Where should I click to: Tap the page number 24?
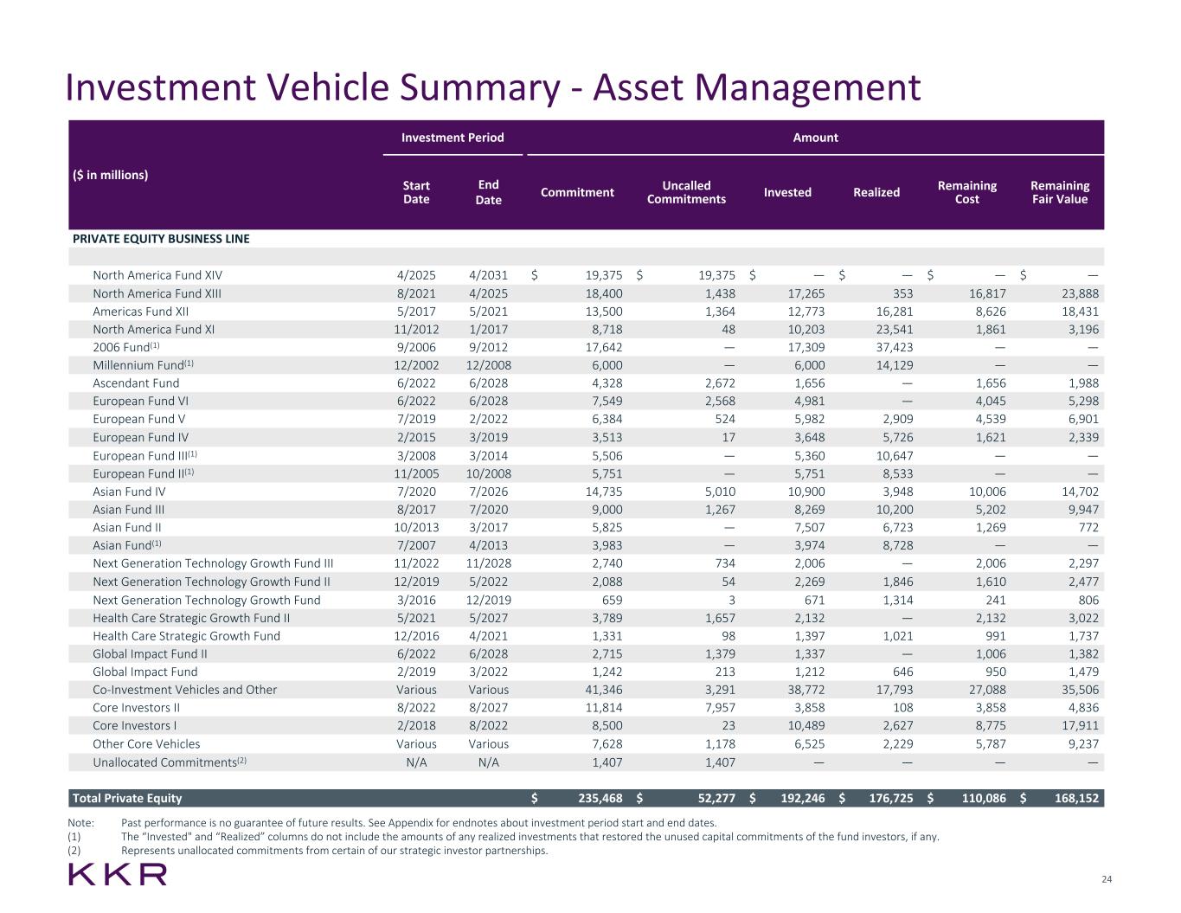point(1106,879)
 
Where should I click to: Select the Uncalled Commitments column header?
point(686,192)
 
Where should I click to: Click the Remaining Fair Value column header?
point(1060,192)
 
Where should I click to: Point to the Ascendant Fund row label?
point(136,383)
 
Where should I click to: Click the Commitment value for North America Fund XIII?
point(604,293)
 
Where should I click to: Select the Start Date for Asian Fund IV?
point(416,492)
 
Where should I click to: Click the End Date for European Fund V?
point(489,419)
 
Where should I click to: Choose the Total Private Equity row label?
point(127,798)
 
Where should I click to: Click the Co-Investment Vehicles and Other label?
point(185,690)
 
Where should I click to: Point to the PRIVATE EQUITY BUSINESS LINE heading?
point(161,239)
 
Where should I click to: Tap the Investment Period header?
point(453,138)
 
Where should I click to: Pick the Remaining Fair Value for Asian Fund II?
point(1088,527)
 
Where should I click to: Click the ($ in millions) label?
point(110,175)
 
